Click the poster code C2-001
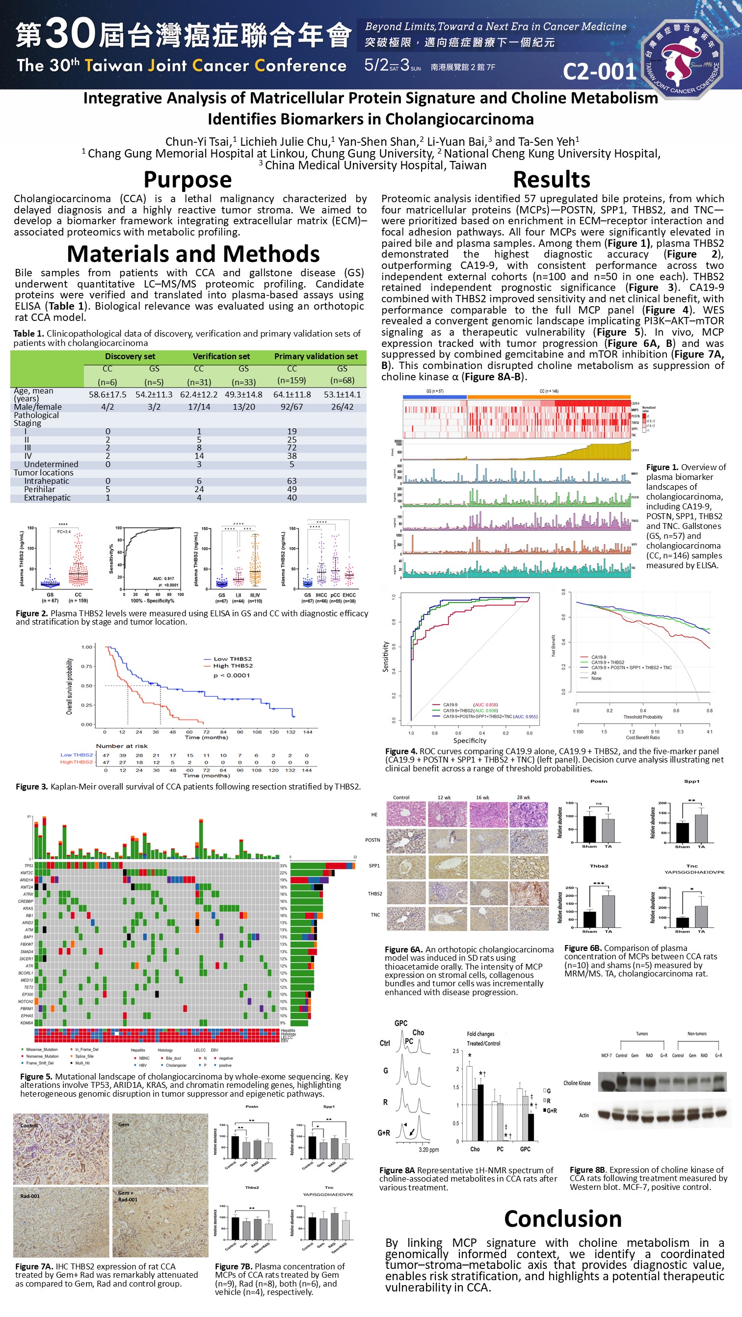[599, 72]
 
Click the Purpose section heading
[187, 180]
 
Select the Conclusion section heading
[562, 1218]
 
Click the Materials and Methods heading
[193, 254]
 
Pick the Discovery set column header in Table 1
[130, 356]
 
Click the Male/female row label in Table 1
[38, 407]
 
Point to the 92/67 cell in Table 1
[291, 407]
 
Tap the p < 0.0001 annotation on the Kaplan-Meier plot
[232, 676]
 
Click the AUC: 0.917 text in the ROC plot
[163, 579]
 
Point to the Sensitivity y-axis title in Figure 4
[386, 657]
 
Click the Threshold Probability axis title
[643, 717]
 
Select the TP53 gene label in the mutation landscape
[28, 866]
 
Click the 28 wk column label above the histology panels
[523, 797]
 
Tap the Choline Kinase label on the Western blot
[577, 1083]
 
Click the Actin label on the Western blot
[583, 1115]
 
